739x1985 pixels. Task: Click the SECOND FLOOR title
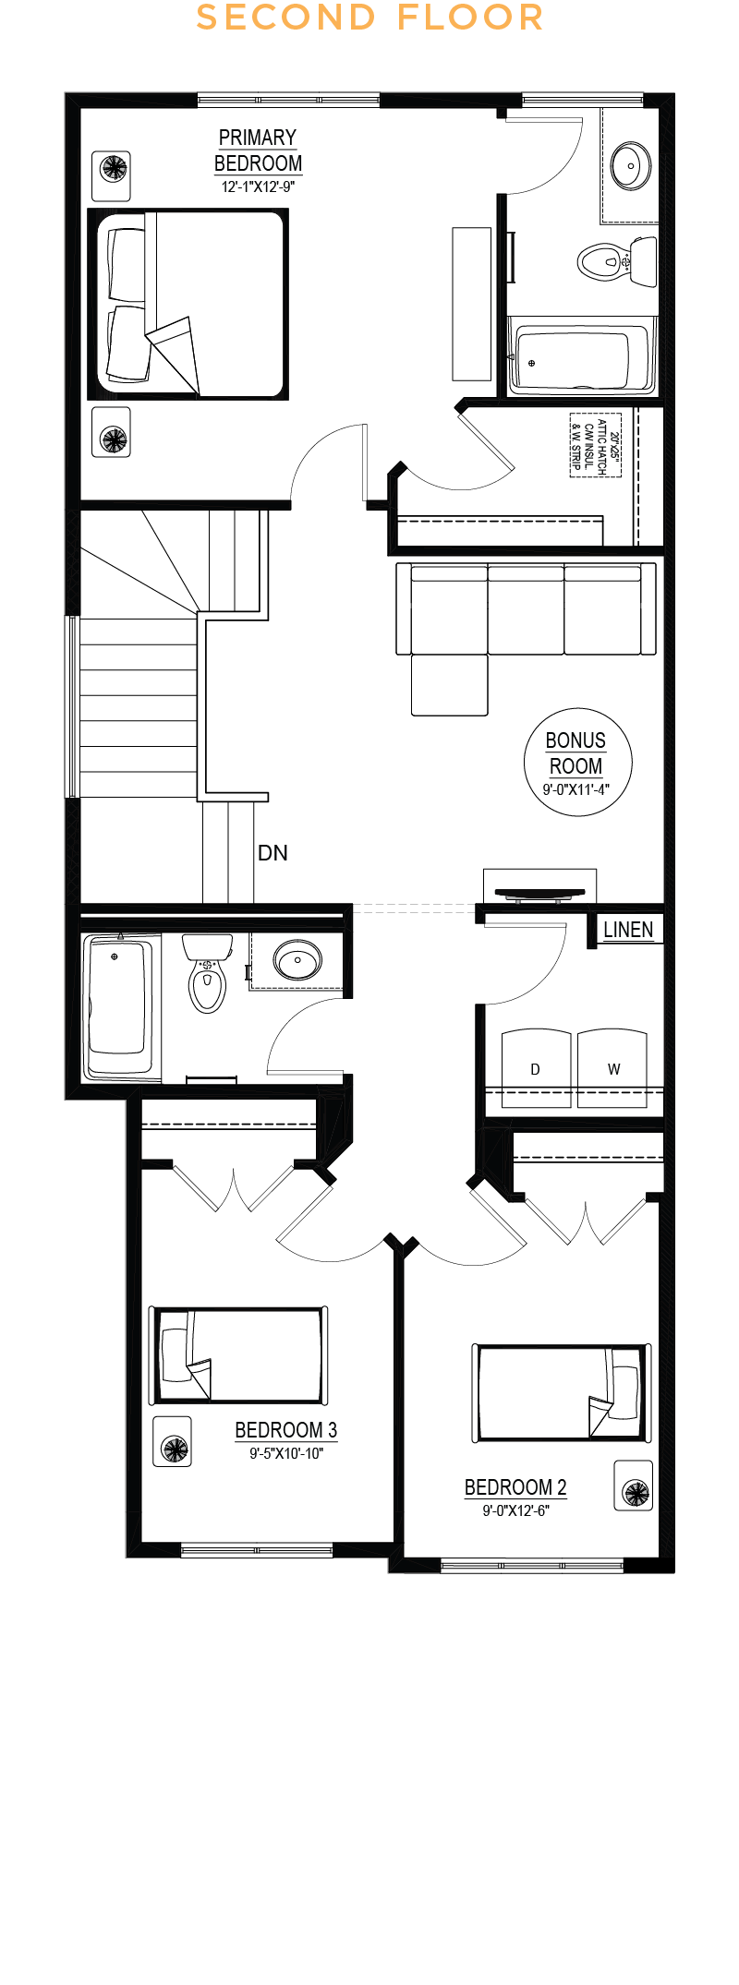point(369,18)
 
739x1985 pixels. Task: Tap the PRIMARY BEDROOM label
point(258,150)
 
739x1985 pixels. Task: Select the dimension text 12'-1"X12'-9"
point(258,186)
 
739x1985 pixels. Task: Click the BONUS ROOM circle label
point(577,763)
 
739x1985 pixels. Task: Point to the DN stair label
point(273,852)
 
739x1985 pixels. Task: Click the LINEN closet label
point(628,930)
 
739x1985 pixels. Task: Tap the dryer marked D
point(536,1067)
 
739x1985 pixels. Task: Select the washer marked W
point(612,1067)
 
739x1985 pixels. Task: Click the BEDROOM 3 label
point(286,1430)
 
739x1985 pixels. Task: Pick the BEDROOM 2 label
point(515,1487)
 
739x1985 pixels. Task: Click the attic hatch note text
point(596,445)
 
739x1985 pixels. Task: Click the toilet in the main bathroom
point(208,972)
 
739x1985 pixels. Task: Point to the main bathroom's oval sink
point(297,960)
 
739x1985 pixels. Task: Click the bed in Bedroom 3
point(239,1355)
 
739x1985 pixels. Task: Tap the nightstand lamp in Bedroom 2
point(635,1486)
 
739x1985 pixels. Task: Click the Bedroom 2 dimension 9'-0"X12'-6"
point(515,1511)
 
